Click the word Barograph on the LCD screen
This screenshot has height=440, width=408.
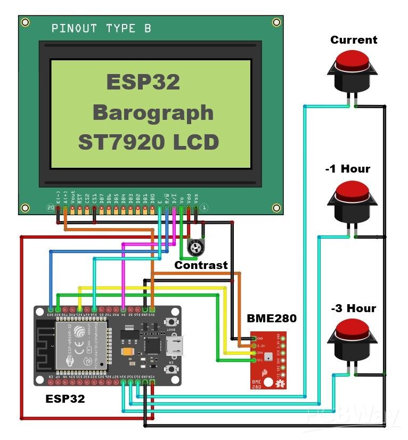153,113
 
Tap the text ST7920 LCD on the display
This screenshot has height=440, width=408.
149,143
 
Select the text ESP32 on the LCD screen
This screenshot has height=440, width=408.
143,83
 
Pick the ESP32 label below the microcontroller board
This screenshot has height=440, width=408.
65,398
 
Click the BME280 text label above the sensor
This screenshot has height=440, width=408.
272,319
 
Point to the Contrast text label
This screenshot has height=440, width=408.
201,265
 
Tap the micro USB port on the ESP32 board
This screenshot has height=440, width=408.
174,346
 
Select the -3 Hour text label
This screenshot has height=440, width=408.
353,308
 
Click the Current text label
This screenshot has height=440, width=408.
354,40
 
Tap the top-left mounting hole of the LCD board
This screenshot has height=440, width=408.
25,22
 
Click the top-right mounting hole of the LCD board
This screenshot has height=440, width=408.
276,22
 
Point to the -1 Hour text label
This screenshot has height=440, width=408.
347,169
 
